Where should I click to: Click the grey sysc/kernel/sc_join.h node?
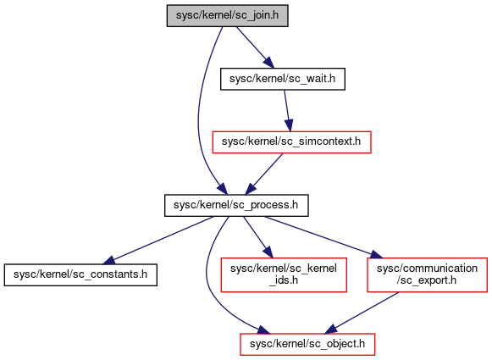point(227,15)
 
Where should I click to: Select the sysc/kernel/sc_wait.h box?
point(283,79)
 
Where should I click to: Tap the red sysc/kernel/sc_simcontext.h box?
point(291,141)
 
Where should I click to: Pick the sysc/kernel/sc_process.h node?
point(236,205)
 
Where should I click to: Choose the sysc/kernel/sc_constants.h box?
point(80,274)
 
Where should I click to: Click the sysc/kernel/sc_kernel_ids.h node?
point(284,274)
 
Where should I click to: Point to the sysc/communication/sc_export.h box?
point(427,274)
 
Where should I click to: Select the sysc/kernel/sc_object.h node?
point(307,344)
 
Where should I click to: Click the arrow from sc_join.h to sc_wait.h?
point(255,47)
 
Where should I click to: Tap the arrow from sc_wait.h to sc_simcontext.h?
point(287,110)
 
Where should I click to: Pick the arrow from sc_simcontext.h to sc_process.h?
point(264,174)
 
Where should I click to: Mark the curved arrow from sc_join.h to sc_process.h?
point(199,110)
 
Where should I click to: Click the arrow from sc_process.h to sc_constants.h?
point(158,240)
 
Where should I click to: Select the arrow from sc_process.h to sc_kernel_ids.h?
point(258,237)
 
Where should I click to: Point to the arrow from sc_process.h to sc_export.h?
point(323,237)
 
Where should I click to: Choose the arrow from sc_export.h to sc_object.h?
point(362,313)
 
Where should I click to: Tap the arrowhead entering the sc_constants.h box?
point(110,261)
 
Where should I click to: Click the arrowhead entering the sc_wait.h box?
point(269,62)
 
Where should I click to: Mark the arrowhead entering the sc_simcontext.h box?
point(290,125)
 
